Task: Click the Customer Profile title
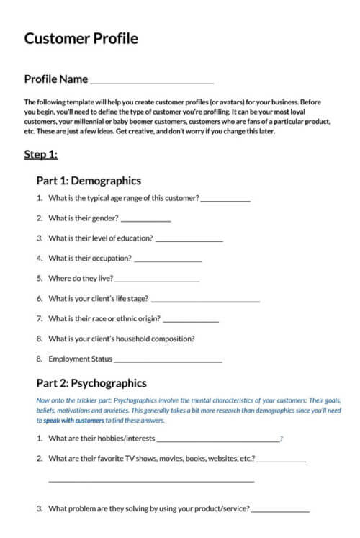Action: click(x=81, y=38)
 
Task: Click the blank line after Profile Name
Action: click(x=151, y=82)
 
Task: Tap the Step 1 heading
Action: click(x=40, y=154)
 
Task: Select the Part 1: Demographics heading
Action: click(x=89, y=181)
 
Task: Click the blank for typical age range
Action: click(x=225, y=199)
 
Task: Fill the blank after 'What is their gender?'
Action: click(x=146, y=220)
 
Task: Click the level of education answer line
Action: click(x=189, y=240)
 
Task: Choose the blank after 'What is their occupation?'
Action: click(x=168, y=260)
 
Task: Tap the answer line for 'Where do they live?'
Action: click(x=157, y=280)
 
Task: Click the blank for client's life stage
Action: click(x=205, y=300)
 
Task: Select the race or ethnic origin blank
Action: click(x=191, y=320)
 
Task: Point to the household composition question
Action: click(x=121, y=339)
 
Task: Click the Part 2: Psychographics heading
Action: click(x=91, y=383)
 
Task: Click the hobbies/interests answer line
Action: click(x=218, y=439)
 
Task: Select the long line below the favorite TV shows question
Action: click(x=151, y=480)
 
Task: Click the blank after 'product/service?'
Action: click(x=281, y=511)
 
